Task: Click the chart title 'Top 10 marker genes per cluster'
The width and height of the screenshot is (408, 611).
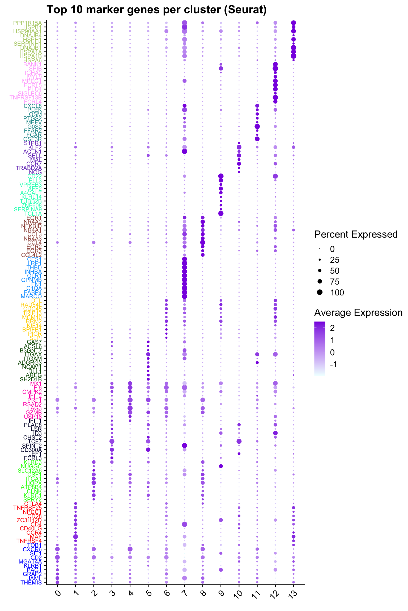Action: pos(156,10)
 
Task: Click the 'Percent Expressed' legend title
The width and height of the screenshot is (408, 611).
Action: pos(356,234)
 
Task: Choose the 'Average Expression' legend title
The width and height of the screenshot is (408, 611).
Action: pos(358,313)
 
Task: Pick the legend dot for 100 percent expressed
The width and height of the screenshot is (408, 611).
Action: pos(320,293)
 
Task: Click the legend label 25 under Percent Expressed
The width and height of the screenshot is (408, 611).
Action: pos(335,260)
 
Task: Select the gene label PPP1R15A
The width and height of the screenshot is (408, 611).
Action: pos(28,23)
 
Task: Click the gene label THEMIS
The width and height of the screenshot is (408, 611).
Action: pos(31,583)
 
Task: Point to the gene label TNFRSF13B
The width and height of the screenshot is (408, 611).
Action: pos(26,97)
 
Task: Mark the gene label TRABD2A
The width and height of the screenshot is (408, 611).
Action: pos(29,168)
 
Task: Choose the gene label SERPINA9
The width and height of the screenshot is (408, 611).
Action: pos(28,209)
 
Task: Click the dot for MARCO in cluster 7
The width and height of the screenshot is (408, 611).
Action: pos(185,296)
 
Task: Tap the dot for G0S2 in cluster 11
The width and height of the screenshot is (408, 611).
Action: pos(257,126)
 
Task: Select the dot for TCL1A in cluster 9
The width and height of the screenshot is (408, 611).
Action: pos(221,213)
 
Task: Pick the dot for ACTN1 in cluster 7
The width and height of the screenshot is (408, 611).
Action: pos(185,151)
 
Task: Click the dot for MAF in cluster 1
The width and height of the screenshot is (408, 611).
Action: pos(76,537)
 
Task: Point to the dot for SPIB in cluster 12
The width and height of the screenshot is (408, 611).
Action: pos(275,68)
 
